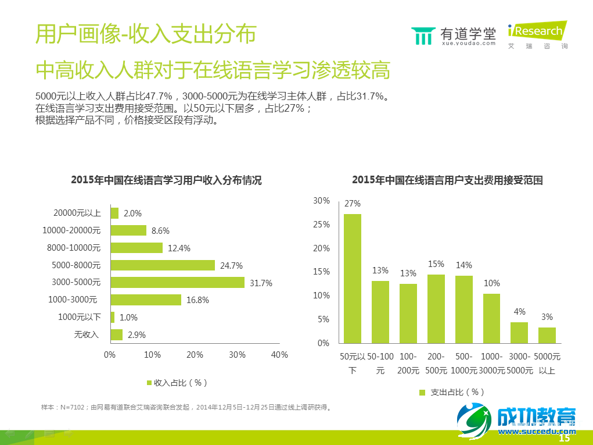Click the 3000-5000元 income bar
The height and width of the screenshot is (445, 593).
click(x=177, y=282)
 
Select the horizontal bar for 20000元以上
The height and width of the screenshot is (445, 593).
click(x=114, y=213)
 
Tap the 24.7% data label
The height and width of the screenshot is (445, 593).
click(x=231, y=266)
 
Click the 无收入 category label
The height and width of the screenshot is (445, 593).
click(x=87, y=334)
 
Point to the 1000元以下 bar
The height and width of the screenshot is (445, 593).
click(x=112, y=317)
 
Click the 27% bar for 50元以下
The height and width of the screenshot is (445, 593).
click(x=353, y=279)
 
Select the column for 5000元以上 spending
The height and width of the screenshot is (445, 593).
click(x=547, y=335)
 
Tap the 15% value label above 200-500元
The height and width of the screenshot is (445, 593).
click(x=436, y=264)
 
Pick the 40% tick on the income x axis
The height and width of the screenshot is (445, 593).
click(x=279, y=355)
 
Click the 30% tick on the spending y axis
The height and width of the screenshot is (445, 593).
click(x=321, y=201)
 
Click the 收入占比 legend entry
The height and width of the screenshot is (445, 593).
click(x=177, y=383)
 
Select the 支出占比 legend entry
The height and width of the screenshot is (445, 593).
click(x=451, y=392)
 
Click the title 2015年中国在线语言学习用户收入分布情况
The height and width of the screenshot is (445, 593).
click(x=166, y=180)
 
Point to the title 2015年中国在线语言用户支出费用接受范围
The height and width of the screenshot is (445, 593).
click(x=447, y=180)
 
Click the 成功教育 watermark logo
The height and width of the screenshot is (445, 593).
click(x=517, y=420)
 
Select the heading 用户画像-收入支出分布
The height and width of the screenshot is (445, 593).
click(x=146, y=34)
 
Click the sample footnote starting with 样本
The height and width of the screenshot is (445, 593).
click(x=186, y=407)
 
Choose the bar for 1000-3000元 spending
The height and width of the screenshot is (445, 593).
click(x=491, y=318)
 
